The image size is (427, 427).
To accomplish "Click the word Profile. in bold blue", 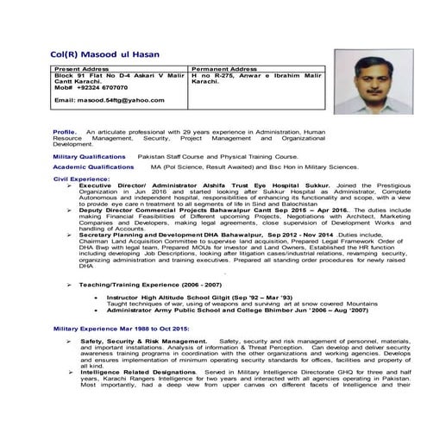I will click(x=65, y=132).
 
